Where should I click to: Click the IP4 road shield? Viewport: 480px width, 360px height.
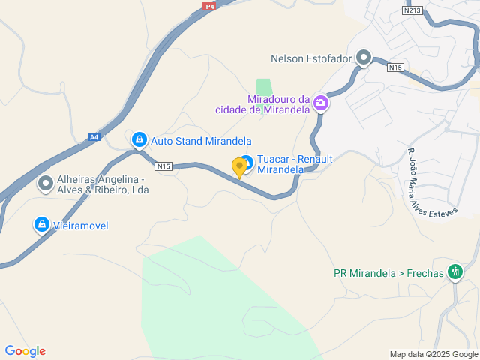tap(208, 7)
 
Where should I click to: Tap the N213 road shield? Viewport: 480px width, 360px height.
tap(412, 11)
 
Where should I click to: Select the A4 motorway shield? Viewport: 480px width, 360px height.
tap(94, 137)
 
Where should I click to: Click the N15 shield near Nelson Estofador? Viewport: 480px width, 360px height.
tap(396, 67)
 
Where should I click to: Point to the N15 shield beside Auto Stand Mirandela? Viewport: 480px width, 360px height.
tap(164, 166)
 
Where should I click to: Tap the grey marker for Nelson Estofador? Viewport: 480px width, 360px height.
tap(364, 58)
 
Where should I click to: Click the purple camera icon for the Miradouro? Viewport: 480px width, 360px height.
tap(321, 103)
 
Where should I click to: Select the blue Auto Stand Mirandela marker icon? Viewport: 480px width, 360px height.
tap(139, 139)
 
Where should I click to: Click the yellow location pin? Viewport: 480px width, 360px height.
tap(240, 167)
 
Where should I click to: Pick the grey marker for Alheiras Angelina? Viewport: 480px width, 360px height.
tap(46, 183)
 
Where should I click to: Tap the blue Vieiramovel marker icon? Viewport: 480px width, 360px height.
tap(42, 223)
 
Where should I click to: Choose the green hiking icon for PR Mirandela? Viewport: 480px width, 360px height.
tap(454, 272)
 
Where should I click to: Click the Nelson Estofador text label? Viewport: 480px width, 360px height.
tap(311, 58)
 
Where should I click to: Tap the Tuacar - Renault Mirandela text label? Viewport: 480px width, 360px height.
tap(295, 164)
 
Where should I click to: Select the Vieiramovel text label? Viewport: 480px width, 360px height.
tap(82, 224)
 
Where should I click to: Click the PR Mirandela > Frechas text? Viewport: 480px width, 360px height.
tap(388, 273)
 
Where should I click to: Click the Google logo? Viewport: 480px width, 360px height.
tap(25, 351)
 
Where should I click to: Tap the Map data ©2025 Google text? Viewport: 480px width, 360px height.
tap(433, 354)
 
